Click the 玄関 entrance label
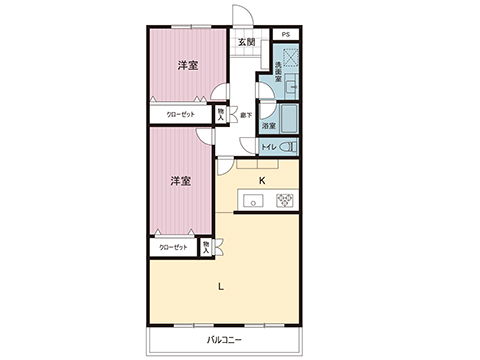pyautogui.click(x=247, y=42)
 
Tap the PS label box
pyautogui.click(x=285, y=35)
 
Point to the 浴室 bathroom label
pyautogui.click(x=268, y=126)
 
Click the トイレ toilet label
pyautogui.click(x=268, y=148)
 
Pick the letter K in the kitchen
pyautogui.click(x=262, y=181)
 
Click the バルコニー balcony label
pyautogui.click(x=225, y=341)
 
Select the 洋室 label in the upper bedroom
pyautogui.click(x=186, y=66)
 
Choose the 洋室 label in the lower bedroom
pyautogui.click(x=180, y=181)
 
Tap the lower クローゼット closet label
pyautogui.click(x=173, y=246)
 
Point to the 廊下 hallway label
pyautogui.click(x=245, y=115)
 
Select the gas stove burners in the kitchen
pyautogui.click(x=283, y=202)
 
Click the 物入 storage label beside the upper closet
pyautogui.click(x=220, y=114)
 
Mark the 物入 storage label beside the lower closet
pyautogui.click(x=205, y=246)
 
